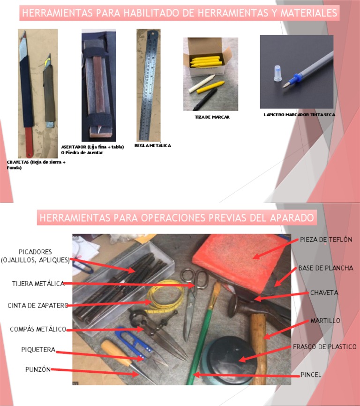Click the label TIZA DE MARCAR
212,117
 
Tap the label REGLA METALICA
152,146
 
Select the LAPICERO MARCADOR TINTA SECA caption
299,115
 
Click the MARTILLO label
325,321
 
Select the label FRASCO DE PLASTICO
324,347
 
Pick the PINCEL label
311,375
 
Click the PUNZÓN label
37,369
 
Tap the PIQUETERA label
38,350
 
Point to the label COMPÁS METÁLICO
38,330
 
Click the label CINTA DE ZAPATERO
37,306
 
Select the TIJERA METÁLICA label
37,284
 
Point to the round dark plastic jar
233,356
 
